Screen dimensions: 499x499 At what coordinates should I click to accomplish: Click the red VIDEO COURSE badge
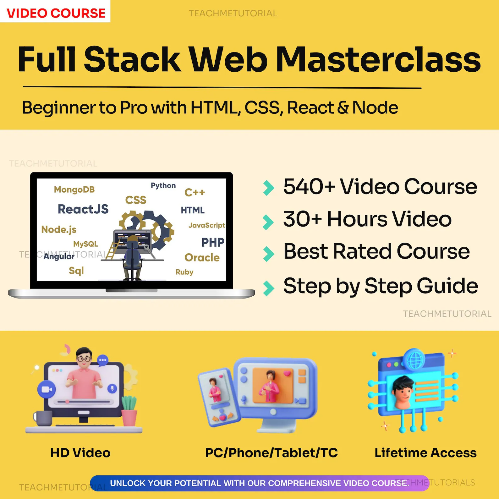coord(55,12)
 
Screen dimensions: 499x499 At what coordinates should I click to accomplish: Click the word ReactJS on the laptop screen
coord(83,209)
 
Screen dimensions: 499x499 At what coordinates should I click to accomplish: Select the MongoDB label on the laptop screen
coord(74,189)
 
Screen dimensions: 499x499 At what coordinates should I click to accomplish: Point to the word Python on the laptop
coord(163,186)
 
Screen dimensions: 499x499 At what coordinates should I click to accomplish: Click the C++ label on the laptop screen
coord(195,192)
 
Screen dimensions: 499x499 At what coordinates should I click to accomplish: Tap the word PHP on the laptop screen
coord(213,242)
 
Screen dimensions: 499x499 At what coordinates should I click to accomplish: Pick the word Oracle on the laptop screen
coord(202,257)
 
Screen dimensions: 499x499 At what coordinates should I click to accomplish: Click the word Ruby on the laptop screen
coord(184,272)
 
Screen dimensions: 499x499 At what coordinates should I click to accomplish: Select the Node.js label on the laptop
coord(59,230)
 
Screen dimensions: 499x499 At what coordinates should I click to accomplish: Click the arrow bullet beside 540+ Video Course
coord(269,188)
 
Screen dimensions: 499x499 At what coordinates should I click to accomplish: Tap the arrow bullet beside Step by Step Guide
coord(269,288)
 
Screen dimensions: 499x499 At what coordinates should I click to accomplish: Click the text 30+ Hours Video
coord(367,219)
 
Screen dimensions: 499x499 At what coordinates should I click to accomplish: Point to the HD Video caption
coord(80,453)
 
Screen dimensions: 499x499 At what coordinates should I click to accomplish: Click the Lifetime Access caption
coord(425,453)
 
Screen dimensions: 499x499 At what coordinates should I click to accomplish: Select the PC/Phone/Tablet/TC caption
coord(271,453)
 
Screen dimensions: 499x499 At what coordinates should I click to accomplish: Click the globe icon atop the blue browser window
coord(414,359)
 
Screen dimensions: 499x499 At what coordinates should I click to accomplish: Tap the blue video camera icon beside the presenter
coord(47,390)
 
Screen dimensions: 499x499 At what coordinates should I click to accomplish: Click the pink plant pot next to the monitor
coord(129,418)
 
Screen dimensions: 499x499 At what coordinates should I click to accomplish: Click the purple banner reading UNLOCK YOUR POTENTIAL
coord(260,483)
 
